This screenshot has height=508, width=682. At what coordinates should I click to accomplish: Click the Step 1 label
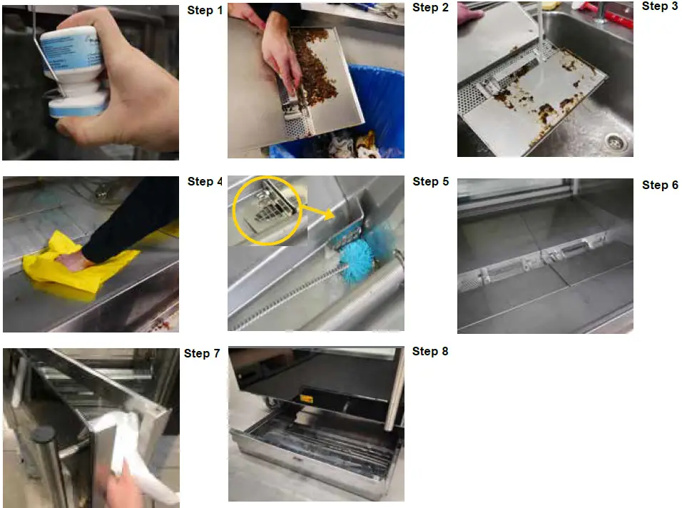[x=205, y=11]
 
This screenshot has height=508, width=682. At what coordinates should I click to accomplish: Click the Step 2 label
[x=430, y=8]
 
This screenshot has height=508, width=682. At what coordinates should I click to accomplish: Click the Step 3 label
[x=660, y=6]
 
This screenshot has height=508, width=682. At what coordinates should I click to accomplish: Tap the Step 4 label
[x=205, y=182]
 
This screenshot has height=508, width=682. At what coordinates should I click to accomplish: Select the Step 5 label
[x=430, y=182]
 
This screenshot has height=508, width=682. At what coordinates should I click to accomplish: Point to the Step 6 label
[x=660, y=186]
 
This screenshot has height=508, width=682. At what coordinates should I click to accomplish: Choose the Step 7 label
[x=202, y=354]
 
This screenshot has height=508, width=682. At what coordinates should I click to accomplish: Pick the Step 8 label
[x=430, y=351]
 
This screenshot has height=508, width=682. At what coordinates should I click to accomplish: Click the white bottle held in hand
[x=75, y=71]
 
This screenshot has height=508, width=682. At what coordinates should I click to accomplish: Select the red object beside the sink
[x=614, y=14]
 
